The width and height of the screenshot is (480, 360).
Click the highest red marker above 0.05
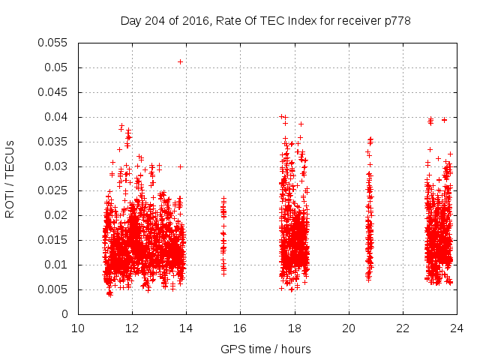[181, 61]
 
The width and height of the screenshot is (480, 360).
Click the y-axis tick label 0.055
[53, 43]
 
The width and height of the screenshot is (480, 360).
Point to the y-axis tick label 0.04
[56, 117]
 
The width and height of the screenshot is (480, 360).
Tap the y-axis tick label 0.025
[53, 190]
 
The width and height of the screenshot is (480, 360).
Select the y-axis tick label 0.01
[56, 265]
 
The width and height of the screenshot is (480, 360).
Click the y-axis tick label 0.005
[53, 289]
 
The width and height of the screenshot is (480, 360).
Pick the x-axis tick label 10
[78, 328]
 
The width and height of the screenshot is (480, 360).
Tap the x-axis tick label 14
[186, 328]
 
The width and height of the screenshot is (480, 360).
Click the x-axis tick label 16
[240, 328]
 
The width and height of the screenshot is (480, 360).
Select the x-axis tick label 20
[349, 328]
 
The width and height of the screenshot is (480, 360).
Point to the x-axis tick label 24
[457, 328]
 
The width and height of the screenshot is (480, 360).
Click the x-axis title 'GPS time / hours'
[265, 349]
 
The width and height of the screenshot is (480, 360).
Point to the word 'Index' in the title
[301, 20]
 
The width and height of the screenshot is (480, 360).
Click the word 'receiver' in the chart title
[355, 20]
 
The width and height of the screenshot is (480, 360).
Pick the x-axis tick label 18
[295, 328]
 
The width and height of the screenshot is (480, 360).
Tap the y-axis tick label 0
[65, 314]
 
